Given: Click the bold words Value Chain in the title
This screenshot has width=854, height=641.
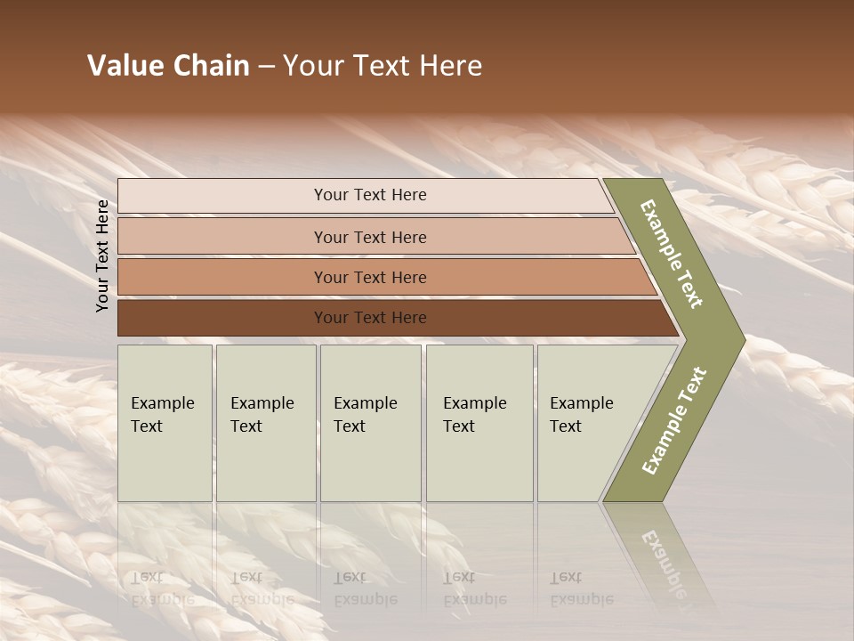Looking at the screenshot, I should coord(168,66).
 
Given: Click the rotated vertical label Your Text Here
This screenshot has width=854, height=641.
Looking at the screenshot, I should coord(102,256).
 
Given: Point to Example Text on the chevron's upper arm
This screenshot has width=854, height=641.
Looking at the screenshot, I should coord(672,254).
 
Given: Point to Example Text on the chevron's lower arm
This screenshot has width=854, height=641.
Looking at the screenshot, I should coord(673,420).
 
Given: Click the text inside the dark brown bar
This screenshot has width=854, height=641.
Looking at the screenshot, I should coord(370,318).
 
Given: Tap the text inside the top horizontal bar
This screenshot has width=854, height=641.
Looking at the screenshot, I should coord(370,195).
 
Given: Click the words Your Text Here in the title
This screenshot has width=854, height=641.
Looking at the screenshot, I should coord(383,66).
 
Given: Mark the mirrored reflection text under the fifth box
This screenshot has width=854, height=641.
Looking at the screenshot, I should coord(580,588).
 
